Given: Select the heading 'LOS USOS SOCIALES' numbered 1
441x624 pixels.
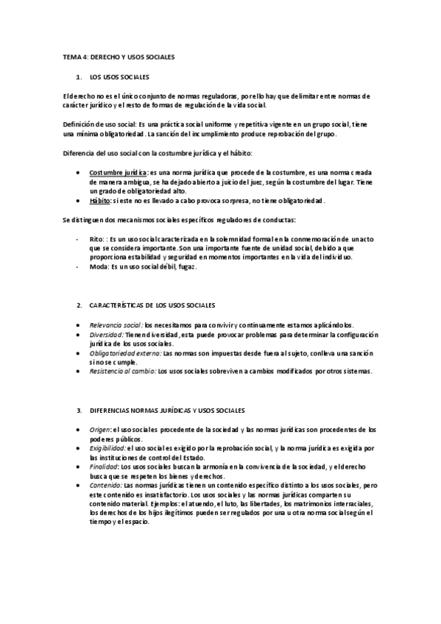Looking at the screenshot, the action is click(x=119, y=77).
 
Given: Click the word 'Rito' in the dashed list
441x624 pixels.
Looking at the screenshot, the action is click(x=95, y=239).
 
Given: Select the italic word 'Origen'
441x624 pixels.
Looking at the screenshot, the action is click(x=99, y=429).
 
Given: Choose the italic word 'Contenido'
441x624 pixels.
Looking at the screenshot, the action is click(x=105, y=485).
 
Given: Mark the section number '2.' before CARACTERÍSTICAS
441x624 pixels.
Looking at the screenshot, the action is click(x=80, y=305).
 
